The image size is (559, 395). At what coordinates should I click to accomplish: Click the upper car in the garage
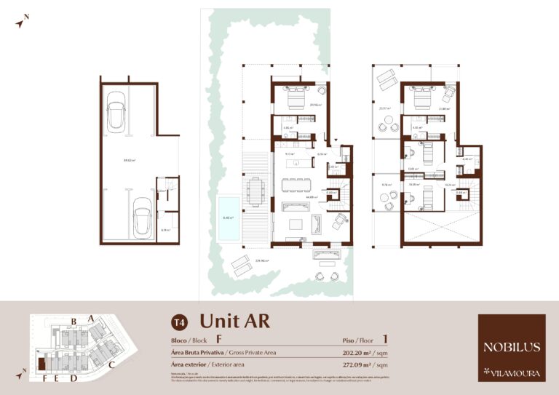[x=117, y=112]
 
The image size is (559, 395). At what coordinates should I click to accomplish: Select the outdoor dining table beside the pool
[x=254, y=191]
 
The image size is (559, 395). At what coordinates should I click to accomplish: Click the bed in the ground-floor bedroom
[x=298, y=96]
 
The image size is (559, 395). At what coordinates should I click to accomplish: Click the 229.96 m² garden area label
[x=262, y=260]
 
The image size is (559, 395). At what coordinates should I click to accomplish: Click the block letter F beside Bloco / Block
[x=218, y=340]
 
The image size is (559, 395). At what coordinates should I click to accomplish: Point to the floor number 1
[x=384, y=339]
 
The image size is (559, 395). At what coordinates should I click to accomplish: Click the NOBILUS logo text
[x=511, y=347]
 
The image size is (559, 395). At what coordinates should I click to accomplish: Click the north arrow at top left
[x=22, y=21]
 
